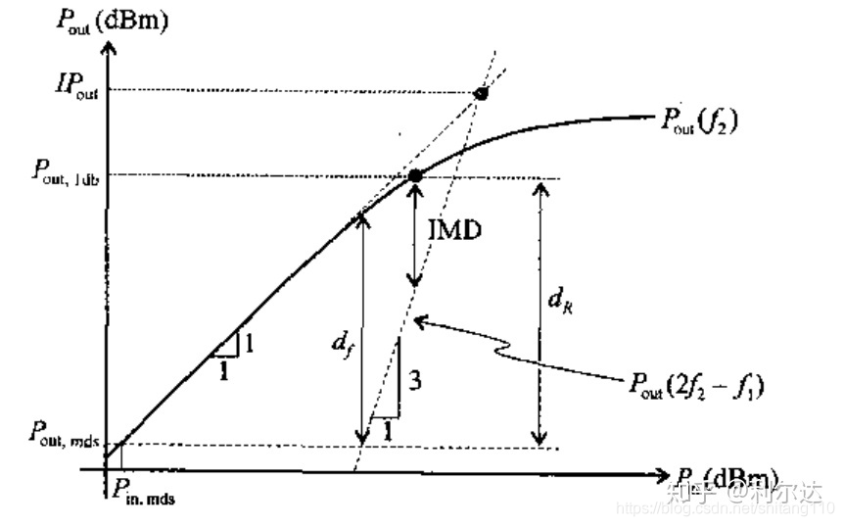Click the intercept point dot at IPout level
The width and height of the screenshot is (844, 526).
click(x=480, y=94)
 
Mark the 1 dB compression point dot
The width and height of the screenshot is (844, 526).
click(x=415, y=175)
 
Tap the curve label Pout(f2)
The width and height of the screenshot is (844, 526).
click(x=698, y=122)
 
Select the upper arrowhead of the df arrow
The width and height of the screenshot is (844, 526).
click(x=363, y=217)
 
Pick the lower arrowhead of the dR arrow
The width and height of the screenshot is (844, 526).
click(x=539, y=439)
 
